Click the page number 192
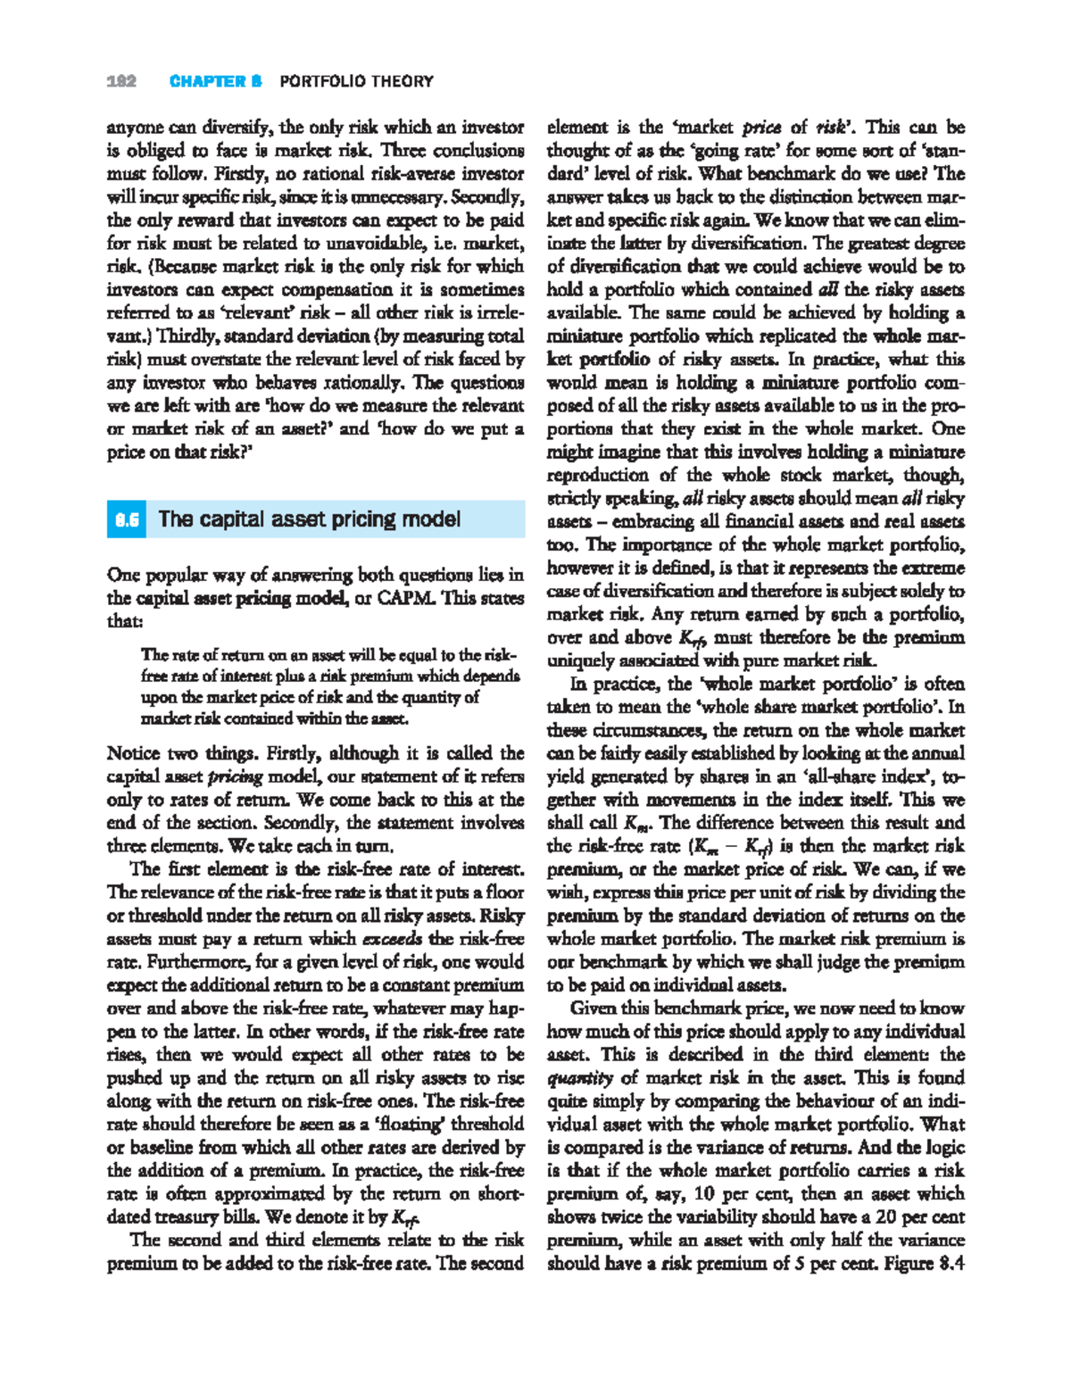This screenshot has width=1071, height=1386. coord(121,81)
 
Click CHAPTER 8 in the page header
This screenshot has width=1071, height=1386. coord(215,81)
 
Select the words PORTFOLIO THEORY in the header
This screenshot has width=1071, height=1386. coord(356,81)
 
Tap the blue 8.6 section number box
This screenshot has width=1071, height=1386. coord(127,519)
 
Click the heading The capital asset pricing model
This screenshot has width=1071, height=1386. coord(309,519)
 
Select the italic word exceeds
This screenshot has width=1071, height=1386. coord(392,939)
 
